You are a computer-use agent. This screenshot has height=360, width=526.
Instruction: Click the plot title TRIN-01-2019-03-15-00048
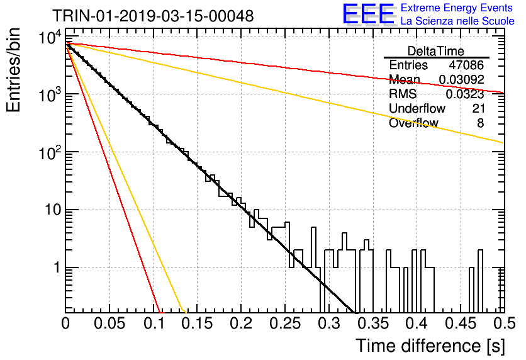pos(153,16)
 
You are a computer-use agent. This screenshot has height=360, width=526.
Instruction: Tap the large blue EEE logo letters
pos(368,14)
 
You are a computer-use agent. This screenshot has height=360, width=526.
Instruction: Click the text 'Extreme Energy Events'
pos(457,8)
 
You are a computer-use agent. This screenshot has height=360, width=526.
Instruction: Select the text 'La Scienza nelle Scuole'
pos(457,21)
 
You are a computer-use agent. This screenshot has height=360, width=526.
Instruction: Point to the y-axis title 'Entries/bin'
pos(13,70)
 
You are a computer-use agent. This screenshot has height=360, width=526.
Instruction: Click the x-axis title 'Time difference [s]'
pos(430,346)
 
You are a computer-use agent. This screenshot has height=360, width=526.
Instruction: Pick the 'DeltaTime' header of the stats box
pos(435,51)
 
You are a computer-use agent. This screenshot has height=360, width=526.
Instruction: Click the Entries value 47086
pos(466,65)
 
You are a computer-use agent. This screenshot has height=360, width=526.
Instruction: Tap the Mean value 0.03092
pos(461,79)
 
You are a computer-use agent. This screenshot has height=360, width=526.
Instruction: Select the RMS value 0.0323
pos(464,94)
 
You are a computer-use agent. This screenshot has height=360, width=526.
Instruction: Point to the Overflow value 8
pos(480,123)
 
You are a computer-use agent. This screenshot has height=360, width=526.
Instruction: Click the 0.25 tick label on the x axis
pos(286,323)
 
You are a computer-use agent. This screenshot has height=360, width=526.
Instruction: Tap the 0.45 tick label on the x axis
pos(461,323)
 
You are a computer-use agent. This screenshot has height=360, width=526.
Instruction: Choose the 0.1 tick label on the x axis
pos(154,323)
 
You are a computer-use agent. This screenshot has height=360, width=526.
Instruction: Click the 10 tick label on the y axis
pos(53,210)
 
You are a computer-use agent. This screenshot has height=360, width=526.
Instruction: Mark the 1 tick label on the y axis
pos(57,267)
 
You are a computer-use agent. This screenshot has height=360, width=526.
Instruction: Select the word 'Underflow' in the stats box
pos(417,108)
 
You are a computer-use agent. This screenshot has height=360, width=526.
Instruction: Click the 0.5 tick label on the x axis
pos(505,323)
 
